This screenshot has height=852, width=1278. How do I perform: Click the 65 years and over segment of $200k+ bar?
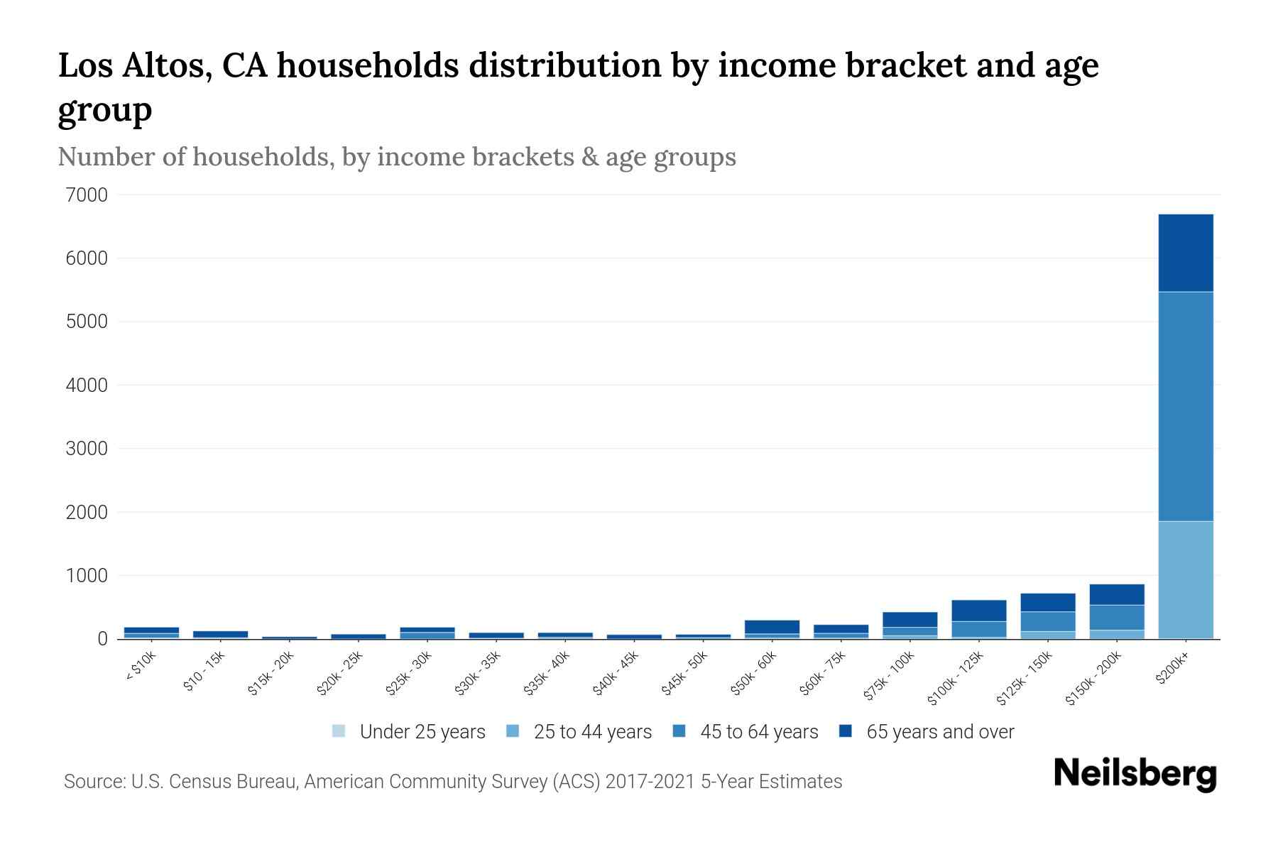[1185, 253]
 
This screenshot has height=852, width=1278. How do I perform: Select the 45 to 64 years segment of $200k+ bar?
[1185, 406]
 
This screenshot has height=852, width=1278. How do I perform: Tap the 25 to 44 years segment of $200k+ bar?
[1185, 579]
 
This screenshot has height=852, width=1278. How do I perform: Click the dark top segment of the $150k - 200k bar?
[1117, 595]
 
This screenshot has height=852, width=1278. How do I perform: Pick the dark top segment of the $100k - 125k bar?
[979, 611]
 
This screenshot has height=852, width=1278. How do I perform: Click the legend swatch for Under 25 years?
[339, 731]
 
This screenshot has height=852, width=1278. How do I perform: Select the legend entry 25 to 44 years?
[592, 732]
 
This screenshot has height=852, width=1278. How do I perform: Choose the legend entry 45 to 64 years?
[758, 732]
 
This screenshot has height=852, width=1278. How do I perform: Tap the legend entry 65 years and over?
[939, 732]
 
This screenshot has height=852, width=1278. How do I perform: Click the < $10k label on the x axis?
[141, 667]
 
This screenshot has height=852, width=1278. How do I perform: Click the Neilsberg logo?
[1135, 774]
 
